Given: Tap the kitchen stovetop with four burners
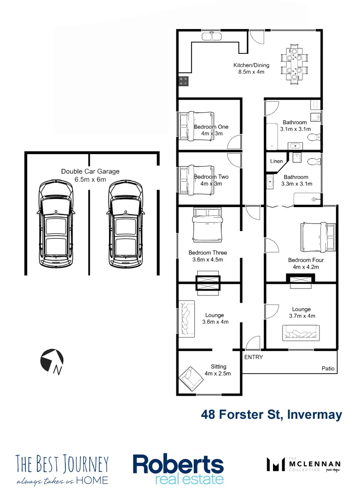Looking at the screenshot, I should pos(184,81).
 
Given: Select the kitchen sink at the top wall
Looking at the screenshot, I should pos(212,35).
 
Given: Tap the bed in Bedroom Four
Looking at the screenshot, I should pos(318,237).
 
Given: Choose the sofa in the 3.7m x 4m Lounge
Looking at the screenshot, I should pos(301,332).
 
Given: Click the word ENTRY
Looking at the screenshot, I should pos(254,357).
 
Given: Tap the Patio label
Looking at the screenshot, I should pos(329,369).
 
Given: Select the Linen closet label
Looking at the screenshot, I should pos(276,161).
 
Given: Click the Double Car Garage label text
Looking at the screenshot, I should pos(90,172).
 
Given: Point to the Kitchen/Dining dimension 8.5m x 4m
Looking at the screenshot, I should pos(251,72).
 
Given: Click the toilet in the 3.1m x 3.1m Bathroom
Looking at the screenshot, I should pos(314,137).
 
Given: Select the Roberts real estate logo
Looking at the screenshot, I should pos(178,469).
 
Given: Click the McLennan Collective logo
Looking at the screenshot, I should pos(304,464).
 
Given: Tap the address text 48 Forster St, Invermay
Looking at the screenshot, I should pos(272,415).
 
